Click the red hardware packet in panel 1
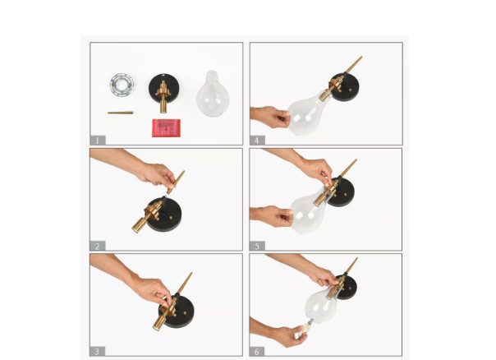click(167, 128)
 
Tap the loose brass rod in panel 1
click(120, 113)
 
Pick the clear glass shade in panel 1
click(213, 94)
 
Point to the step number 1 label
click(98, 141)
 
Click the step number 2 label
click(98, 246)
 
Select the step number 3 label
click(98, 351)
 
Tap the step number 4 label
click(257, 141)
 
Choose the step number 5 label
click(257, 246)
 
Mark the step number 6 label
click(257, 352)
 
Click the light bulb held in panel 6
click(305, 329)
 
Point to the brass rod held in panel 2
click(176, 182)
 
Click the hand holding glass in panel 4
click(270, 117)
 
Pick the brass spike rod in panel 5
click(348, 168)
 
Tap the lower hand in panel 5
click(272, 216)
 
